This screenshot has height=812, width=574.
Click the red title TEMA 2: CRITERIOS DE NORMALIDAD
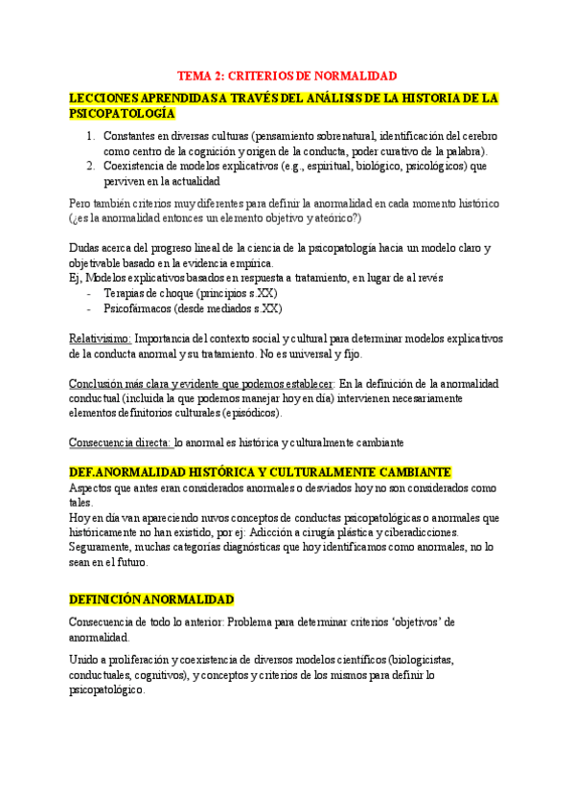(287, 76)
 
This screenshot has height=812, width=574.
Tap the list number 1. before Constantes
(90, 135)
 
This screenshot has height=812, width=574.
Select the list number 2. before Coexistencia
(90, 166)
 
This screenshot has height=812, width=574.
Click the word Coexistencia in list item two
(140, 166)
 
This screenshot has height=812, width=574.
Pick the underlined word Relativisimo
(100, 338)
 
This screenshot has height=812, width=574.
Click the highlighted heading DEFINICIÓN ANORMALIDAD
(151, 599)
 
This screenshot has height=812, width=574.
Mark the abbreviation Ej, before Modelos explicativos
(77, 278)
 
